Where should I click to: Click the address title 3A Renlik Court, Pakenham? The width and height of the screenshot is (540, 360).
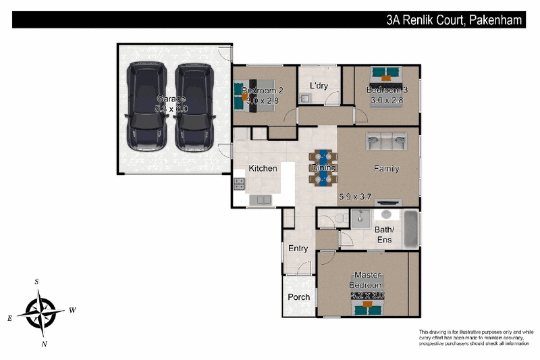454,20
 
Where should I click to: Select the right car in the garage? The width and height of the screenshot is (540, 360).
194,107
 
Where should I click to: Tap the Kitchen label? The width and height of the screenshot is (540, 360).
263,168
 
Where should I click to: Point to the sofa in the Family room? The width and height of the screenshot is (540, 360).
386,141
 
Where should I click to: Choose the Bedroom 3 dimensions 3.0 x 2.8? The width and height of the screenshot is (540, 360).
386,101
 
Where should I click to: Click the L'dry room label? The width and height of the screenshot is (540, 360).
319,86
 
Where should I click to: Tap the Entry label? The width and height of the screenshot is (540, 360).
298,249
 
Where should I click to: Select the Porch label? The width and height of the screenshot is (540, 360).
299,297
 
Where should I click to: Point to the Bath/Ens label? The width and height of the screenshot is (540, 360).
385,234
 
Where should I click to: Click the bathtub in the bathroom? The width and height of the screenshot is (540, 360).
410,228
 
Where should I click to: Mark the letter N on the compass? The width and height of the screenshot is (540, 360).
44,344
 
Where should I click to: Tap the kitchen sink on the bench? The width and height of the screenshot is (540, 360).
260,200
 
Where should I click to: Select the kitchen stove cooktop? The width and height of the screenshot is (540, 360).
239,182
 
